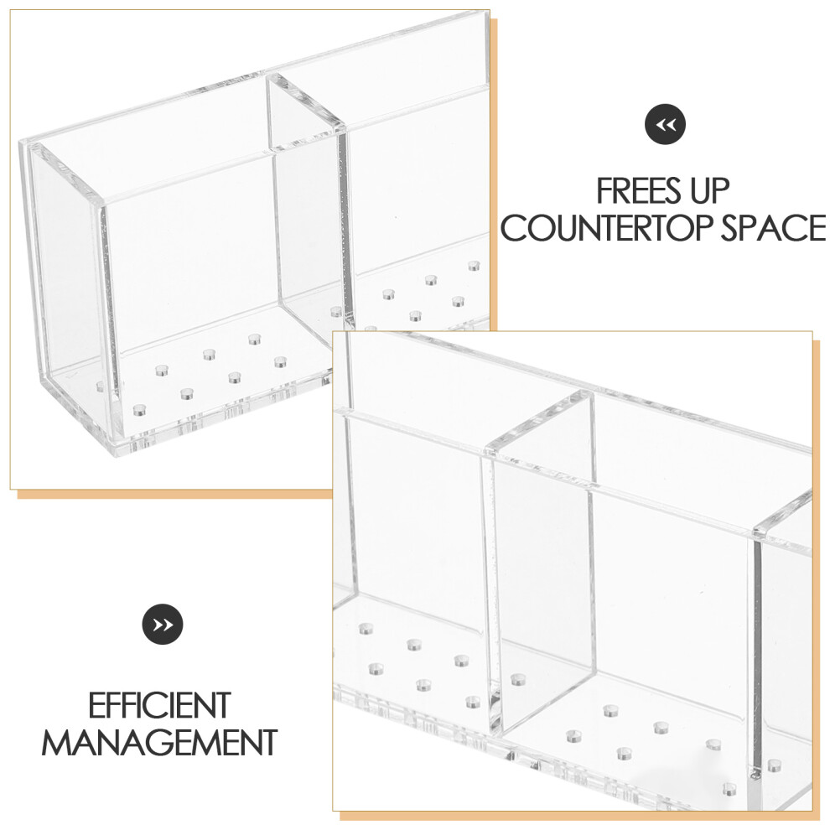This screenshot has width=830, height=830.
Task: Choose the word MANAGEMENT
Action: (159, 742)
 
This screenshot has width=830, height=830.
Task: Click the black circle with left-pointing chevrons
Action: (665, 124)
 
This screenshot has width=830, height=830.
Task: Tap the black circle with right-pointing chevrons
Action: (163, 625)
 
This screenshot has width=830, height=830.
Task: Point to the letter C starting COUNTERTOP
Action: (513, 228)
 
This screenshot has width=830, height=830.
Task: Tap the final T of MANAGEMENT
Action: (267, 742)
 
